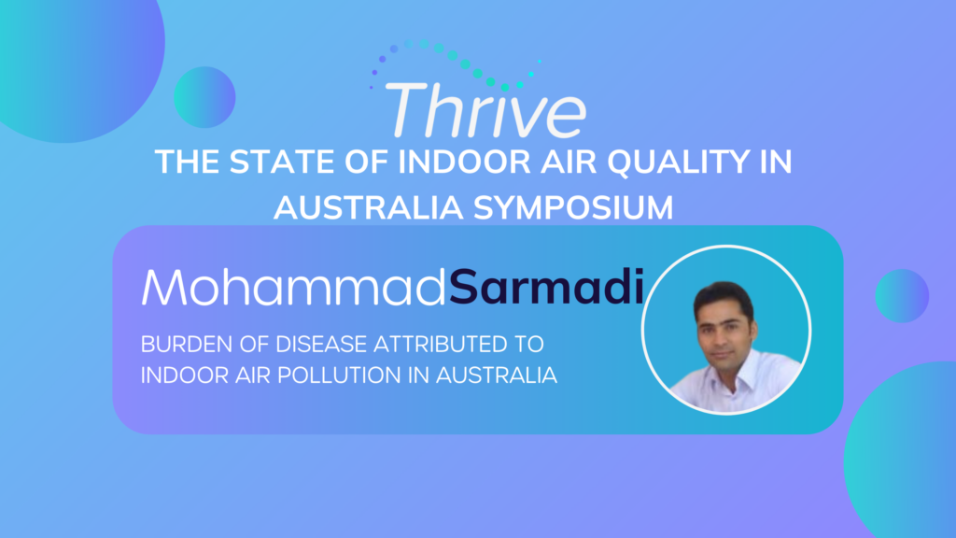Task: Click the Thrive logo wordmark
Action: click(x=485, y=110)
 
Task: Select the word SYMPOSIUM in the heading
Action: click(x=573, y=207)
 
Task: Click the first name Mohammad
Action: click(x=294, y=287)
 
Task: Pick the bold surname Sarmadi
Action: click(x=546, y=287)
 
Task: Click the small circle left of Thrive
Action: click(x=204, y=97)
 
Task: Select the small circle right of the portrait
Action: click(x=902, y=296)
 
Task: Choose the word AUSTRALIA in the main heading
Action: click(x=368, y=207)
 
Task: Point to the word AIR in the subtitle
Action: click(x=252, y=375)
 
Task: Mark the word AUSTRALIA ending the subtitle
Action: click(x=497, y=375)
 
